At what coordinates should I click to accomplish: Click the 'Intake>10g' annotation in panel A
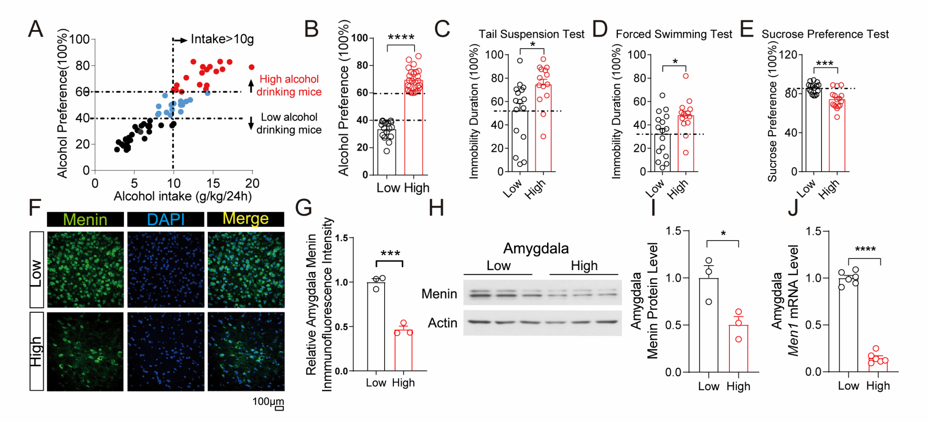pos(222,39)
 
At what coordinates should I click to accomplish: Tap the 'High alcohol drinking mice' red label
pos(289,85)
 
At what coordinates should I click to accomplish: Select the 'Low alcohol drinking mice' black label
pos(289,123)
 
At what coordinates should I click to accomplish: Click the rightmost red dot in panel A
pos(251,67)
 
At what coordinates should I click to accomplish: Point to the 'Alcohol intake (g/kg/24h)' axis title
pos(182,196)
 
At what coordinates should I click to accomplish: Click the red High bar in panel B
pos(414,131)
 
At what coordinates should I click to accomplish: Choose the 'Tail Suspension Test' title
pos(531,34)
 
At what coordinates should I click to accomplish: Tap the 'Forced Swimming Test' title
pos(674,34)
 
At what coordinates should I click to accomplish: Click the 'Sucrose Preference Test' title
pos(825,34)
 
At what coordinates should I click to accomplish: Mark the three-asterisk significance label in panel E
pos(825,63)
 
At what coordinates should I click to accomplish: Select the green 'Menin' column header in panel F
pos(85,219)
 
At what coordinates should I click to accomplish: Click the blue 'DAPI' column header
pos(166,219)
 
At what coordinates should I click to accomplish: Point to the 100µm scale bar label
pos(268,402)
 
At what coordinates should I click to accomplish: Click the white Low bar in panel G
pos(376,331)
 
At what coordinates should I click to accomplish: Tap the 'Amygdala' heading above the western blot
pos(536,248)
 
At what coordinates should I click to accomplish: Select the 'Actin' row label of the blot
pos(442,323)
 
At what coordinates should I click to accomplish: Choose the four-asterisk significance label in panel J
pos(865,249)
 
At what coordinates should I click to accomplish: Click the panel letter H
pos(436,208)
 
